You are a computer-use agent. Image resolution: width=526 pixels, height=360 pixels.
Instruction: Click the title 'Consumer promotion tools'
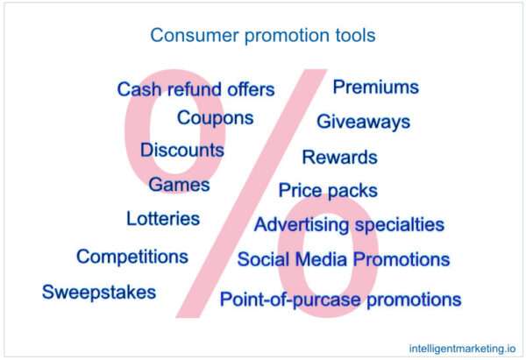coord(263,36)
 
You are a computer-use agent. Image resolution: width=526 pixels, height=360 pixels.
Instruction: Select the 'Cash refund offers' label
coord(195,89)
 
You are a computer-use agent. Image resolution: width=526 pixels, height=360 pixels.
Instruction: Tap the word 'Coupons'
coord(215,117)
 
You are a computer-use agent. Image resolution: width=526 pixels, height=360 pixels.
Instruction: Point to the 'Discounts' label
coord(182,150)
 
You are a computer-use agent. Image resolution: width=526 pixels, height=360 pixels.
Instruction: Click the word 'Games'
coord(179,185)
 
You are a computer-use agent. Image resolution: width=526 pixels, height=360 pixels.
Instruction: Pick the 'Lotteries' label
coord(163,218)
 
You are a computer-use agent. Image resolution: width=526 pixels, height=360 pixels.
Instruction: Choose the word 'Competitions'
coord(132,257)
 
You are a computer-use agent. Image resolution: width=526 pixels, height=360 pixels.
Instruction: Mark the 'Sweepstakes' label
coord(99,292)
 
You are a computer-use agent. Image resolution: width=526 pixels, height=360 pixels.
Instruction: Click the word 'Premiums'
coord(375,87)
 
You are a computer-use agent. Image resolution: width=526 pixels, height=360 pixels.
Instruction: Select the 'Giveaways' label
coord(363,122)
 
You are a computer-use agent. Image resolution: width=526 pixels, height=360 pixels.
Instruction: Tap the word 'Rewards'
coord(339,158)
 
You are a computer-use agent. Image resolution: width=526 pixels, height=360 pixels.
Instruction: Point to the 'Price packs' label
coord(328,190)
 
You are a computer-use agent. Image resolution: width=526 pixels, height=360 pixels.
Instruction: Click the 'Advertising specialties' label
coord(349,225)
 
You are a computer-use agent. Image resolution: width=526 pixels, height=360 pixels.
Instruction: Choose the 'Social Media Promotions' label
coord(344,260)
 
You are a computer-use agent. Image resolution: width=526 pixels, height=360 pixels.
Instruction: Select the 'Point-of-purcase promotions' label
coord(340,300)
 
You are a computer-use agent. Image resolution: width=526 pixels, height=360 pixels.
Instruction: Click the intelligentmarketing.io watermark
coord(462,346)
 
